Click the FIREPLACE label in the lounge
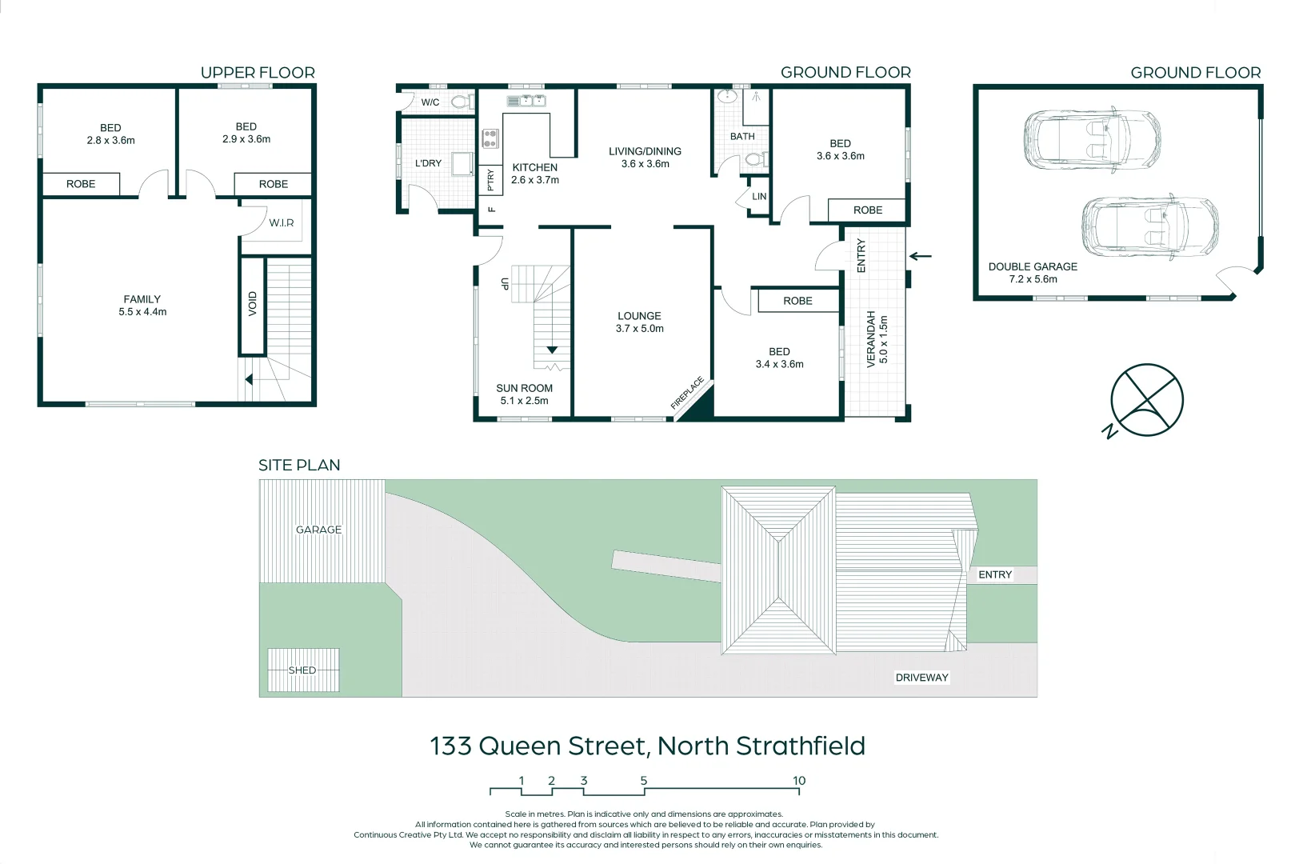[x=687, y=393]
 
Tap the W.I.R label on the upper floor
[x=282, y=222]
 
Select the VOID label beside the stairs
[x=253, y=304]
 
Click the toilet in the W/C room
[x=460, y=102]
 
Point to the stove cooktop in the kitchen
[x=490, y=138]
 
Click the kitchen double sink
[x=526, y=100]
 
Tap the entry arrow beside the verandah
[x=921, y=257]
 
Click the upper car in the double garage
[x=1093, y=139]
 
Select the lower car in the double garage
[x=1150, y=227]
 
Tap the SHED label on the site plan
[x=302, y=670]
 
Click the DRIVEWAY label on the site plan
[x=921, y=678]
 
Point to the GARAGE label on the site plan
[x=318, y=530]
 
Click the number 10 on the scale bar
[x=799, y=781]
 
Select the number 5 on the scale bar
[x=643, y=781]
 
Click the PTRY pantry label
[x=490, y=180]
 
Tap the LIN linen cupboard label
[x=759, y=196]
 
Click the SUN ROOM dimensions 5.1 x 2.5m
[x=524, y=401]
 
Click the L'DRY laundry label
[x=428, y=163]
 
